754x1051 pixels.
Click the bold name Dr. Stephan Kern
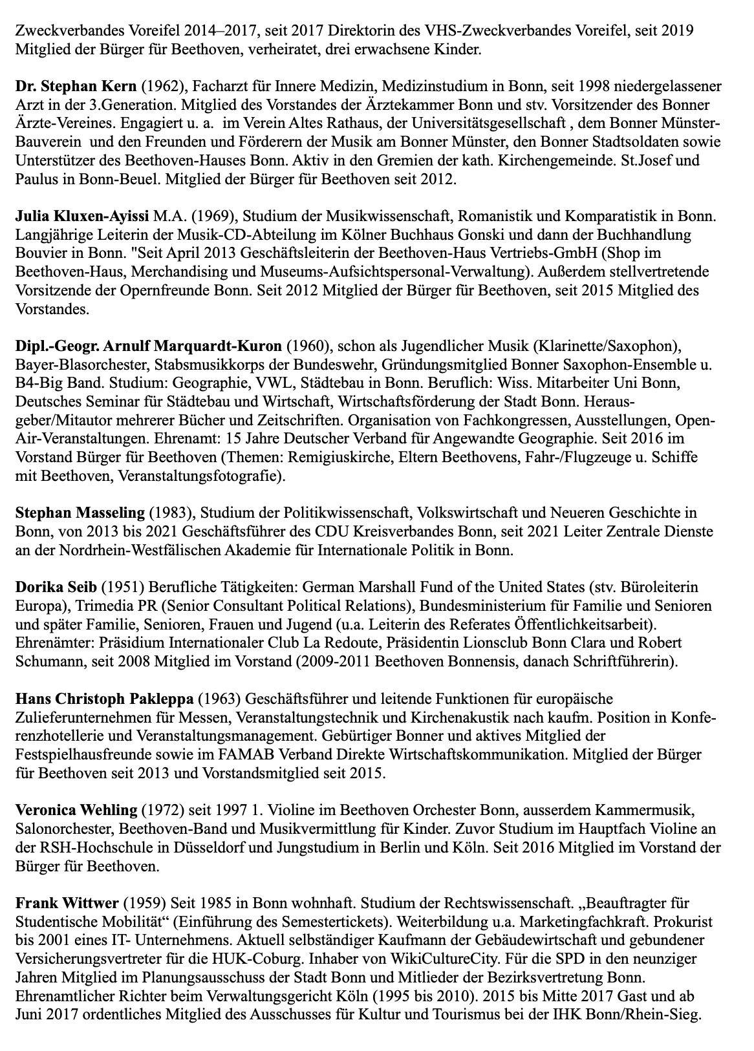[76, 86]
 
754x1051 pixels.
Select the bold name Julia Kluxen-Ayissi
[82, 215]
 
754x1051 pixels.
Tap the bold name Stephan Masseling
[80, 513]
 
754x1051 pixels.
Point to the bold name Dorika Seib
[56, 588]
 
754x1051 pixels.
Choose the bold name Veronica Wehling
[76, 810]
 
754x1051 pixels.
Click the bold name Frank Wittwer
[67, 903]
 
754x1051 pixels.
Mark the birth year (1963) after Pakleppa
[217, 699]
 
